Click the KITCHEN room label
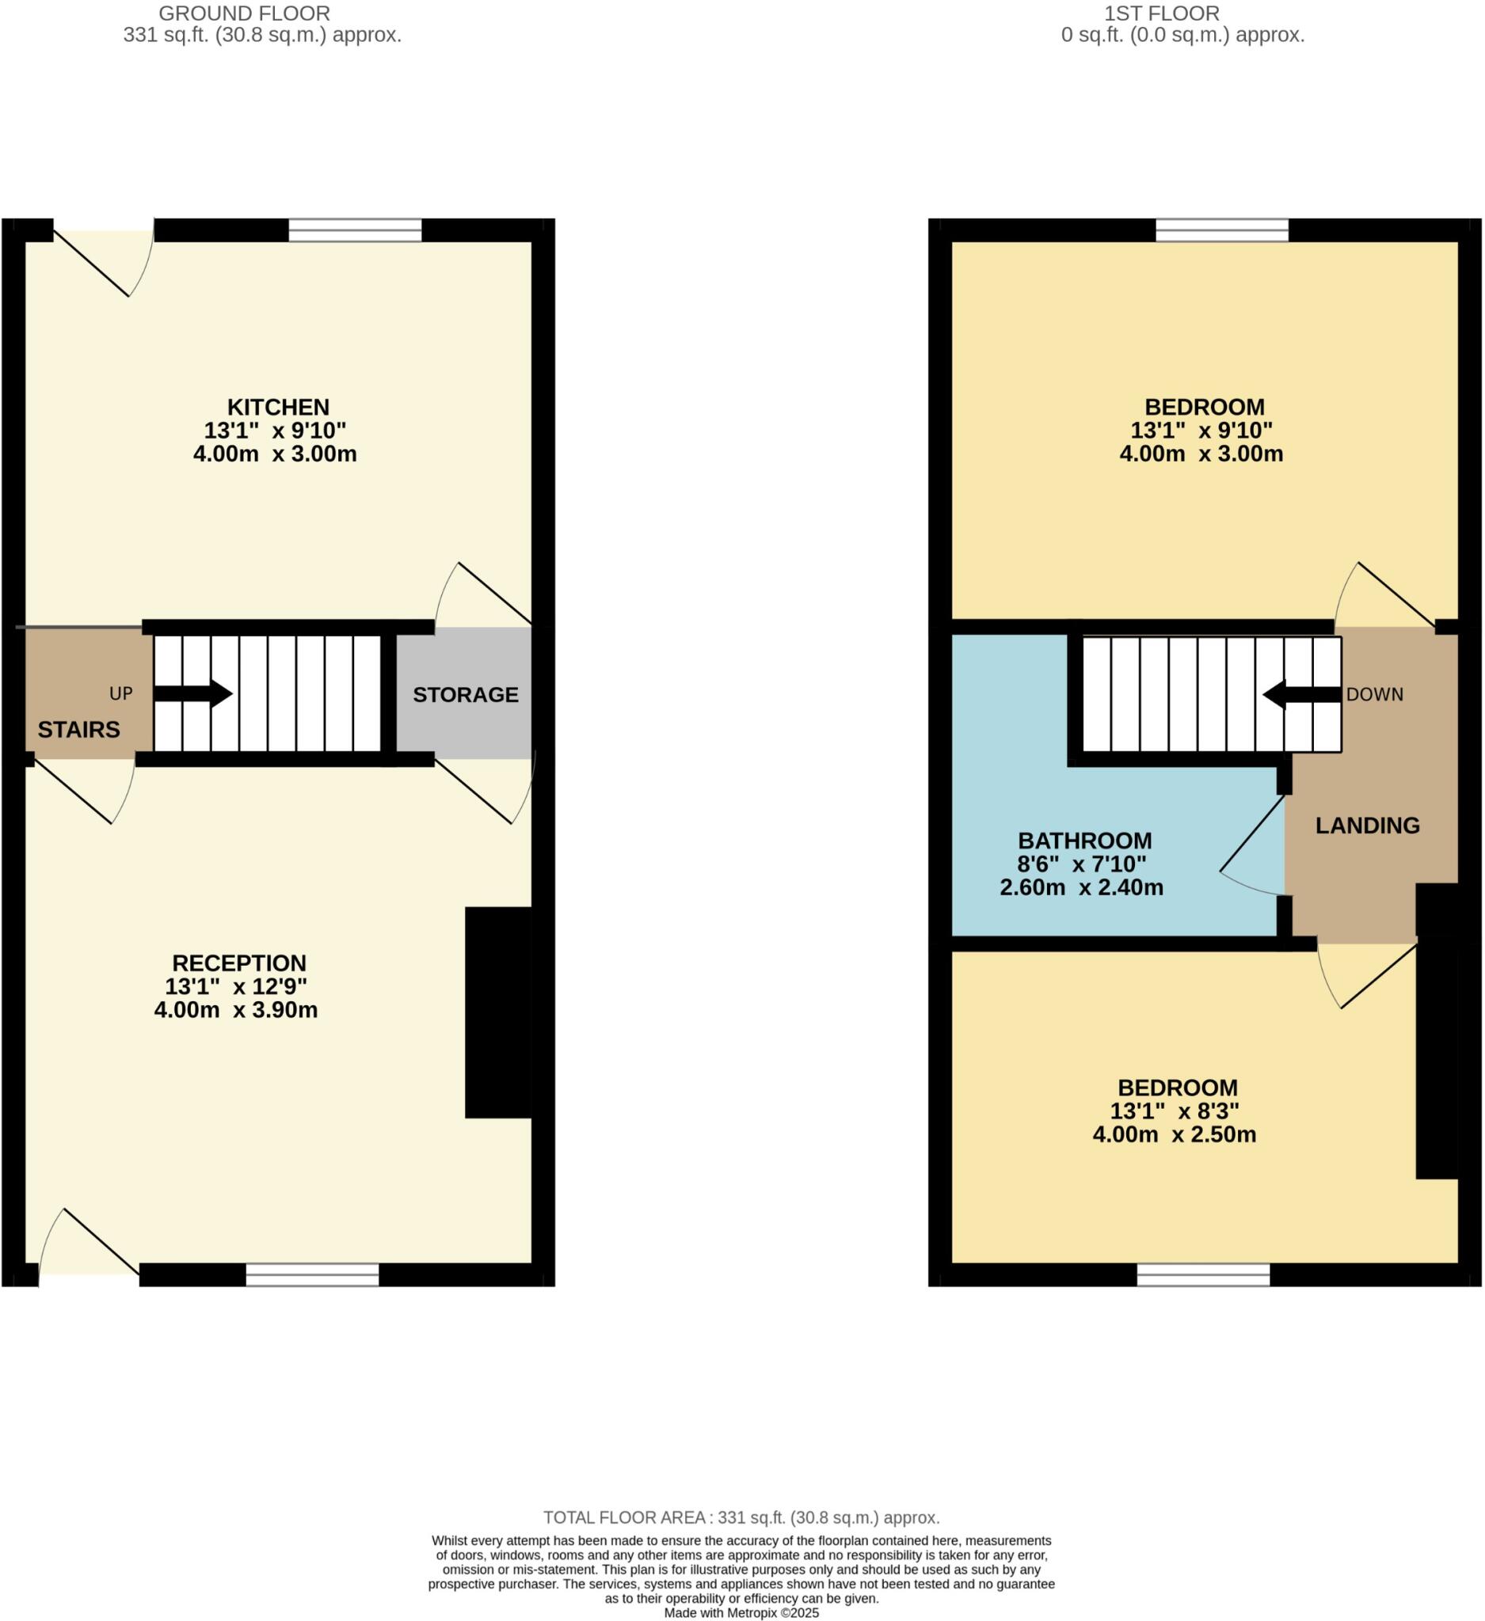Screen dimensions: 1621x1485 click(x=277, y=407)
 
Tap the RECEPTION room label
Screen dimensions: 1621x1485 click(x=239, y=962)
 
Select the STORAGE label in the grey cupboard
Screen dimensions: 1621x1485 click(x=465, y=695)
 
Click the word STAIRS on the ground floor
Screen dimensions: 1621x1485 click(x=79, y=729)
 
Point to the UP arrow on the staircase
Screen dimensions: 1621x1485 click(x=193, y=693)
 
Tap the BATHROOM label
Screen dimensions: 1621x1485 click(x=1084, y=841)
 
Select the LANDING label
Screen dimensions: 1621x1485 click(x=1367, y=825)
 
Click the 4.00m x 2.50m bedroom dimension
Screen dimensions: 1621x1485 click(x=1174, y=1134)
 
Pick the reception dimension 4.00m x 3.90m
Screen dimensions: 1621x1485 click(x=236, y=1010)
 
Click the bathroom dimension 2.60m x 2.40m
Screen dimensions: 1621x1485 click(x=1081, y=888)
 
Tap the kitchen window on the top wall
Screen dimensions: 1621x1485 click(x=355, y=231)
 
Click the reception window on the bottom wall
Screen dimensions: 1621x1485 click(x=312, y=1274)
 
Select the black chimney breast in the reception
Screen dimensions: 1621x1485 click(x=498, y=1012)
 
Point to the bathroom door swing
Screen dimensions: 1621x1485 click(x=1252, y=852)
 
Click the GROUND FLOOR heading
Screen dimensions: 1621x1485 click(x=244, y=13)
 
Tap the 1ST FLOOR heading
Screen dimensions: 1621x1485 click(x=1161, y=13)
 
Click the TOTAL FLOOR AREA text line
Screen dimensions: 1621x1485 click(x=741, y=1517)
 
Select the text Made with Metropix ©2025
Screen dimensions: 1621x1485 click(x=741, y=1612)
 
